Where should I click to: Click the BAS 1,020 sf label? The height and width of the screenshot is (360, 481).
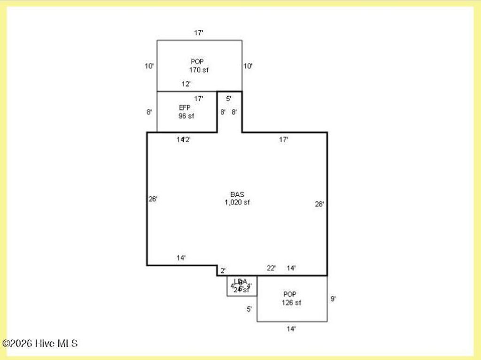(237, 199)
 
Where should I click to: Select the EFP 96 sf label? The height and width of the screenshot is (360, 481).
(186, 112)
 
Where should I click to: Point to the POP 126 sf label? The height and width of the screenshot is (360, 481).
(291, 299)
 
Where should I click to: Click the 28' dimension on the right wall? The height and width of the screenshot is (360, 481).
(319, 204)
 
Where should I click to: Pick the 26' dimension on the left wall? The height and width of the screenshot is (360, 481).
(153, 199)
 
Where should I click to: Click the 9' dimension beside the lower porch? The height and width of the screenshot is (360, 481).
(333, 298)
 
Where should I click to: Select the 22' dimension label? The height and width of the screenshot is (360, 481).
(271, 268)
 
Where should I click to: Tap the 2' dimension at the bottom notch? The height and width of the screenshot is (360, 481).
(223, 270)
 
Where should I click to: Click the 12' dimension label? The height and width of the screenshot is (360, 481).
(186, 84)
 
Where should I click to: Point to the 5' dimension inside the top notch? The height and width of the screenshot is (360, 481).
(229, 99)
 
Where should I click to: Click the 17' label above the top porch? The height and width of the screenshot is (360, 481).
(199, 33)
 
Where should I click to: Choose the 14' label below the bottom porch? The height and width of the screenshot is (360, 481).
(291, 329)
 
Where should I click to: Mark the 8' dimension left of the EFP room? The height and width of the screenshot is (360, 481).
(149, 112)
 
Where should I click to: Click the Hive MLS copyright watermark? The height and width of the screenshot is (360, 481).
(40, 344)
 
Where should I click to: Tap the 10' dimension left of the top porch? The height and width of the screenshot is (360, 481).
(149, 66)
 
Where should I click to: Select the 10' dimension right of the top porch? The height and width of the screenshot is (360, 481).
(248, 66)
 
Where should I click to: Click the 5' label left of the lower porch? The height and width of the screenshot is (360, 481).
(249, 309)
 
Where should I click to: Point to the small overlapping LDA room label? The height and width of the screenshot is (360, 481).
(240, 285)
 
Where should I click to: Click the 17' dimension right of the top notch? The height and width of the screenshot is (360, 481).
(284, 139)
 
